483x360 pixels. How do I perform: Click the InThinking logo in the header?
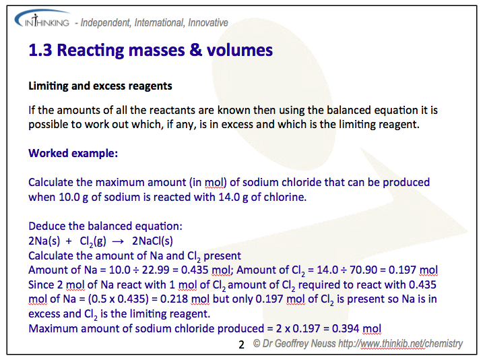point(42,22)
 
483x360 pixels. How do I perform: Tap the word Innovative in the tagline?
point(204,22)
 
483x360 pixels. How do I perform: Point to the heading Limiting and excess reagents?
point(100,86)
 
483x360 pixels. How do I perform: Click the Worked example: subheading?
point(73,153)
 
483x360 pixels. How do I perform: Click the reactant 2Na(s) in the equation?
point(46,241)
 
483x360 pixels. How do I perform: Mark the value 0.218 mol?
point(174,299)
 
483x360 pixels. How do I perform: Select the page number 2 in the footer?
point(242,344)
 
